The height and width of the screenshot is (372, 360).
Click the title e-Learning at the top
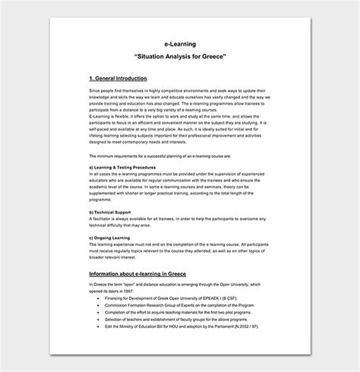click(180, 45)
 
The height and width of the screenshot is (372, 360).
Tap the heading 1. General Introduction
click(118, 78)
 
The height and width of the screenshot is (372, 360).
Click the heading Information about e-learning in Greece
click(137, 273)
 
